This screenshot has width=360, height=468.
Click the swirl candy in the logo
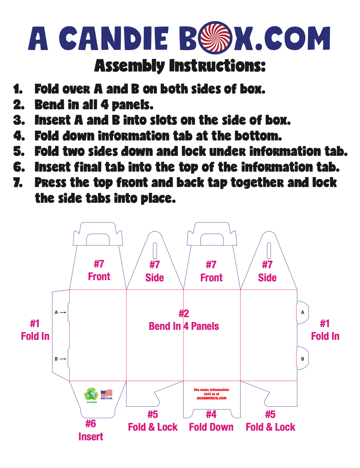(224, 38)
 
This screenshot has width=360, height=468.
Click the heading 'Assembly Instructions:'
(180, 66)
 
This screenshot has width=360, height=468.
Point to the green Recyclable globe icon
(91, 394)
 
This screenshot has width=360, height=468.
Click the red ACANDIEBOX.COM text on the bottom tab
(212, 398)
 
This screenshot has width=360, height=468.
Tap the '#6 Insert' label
(91, 430)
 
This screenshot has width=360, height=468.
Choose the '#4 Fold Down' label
(211, 421)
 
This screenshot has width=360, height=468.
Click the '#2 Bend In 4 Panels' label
(184, 320)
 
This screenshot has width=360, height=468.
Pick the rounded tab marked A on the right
(303, 312)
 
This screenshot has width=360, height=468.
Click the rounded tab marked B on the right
(303, 359)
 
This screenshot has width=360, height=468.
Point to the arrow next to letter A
(63, 313)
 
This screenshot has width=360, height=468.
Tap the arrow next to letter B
(63, 359)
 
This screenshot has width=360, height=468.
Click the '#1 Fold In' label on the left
(35, 330)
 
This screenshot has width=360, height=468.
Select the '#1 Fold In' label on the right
(325, 330)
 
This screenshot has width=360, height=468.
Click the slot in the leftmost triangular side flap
(155, 251)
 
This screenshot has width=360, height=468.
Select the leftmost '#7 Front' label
(99, 270)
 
